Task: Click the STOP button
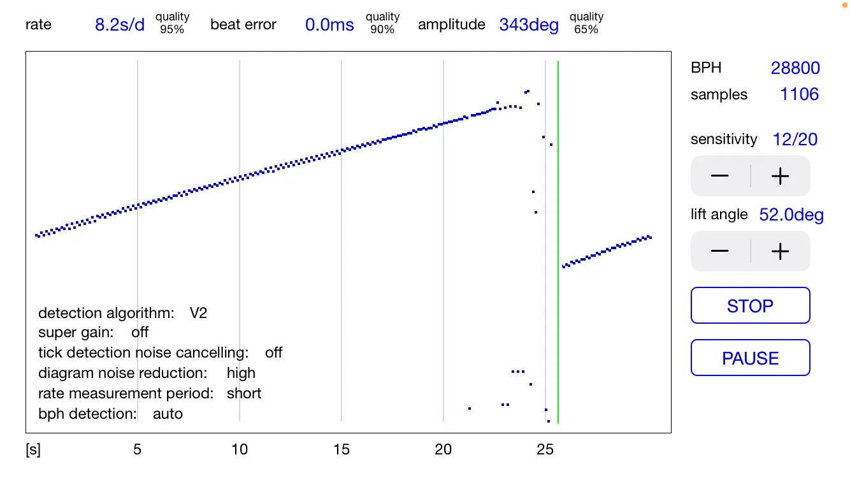(x=750, y=306)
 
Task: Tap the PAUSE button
(x=750, y=358)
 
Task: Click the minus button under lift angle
(x=720, y=251)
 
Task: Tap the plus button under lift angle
(x=780, y=251)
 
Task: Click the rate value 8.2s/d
(x=120, y=25)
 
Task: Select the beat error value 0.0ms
(x=329, y=25)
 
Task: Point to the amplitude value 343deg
(x=529, y=25)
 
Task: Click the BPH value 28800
(x=795, y=68)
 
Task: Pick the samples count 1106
(x=799, y=94)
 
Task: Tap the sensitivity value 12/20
(x=795, y=140)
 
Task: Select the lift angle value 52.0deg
(x=791, y=215)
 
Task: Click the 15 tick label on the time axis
(x=341, y=449)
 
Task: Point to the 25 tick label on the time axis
(x=545, y=449)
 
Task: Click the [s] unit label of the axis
(x=33, y=450)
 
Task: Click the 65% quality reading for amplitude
(x=586, y=29)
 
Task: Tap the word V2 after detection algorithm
(x=198, y=313)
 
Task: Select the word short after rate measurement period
(x=244, y=393)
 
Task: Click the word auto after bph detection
(x=168, y=414)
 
